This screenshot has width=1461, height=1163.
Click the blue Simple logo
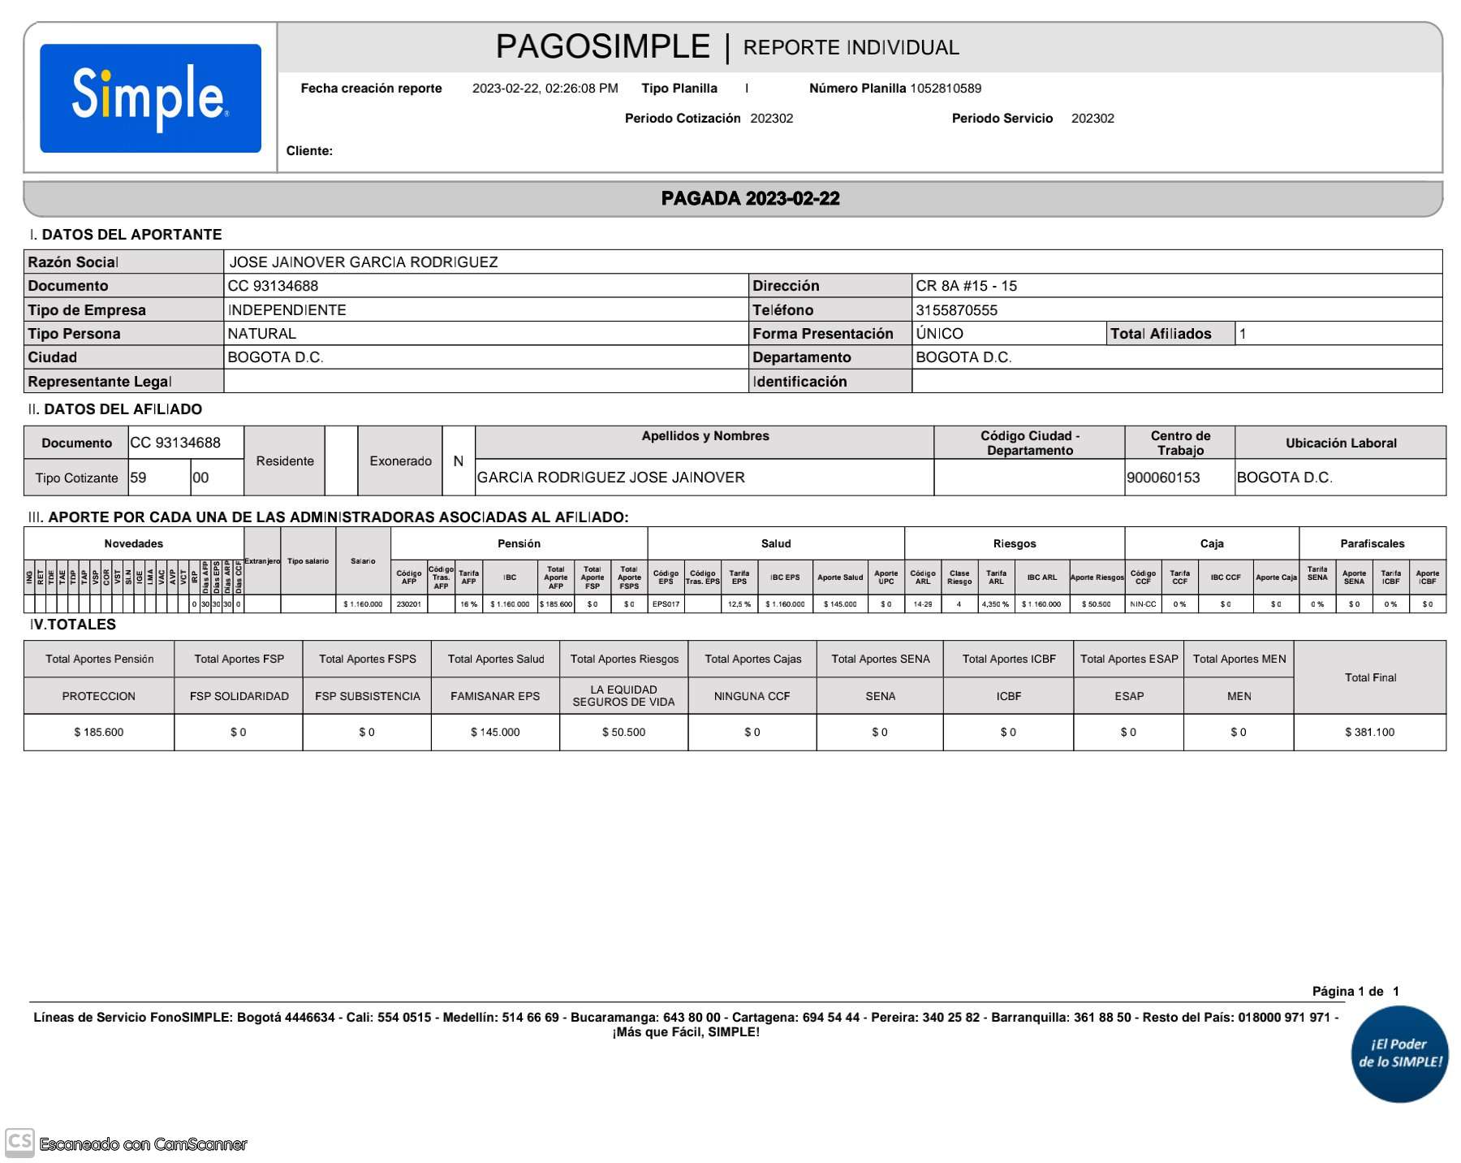tap(150, 98)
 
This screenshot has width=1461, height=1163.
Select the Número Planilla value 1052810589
tap(946, 89)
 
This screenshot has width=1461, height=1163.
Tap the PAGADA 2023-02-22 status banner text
tap(750, 199)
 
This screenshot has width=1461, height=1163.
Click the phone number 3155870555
tap(956, 310)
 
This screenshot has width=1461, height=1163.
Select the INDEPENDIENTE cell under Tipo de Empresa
tap(287, 310)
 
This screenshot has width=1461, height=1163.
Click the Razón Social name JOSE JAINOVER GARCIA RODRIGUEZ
tap(364, 262)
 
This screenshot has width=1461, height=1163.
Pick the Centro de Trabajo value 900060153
tap(1163, 478)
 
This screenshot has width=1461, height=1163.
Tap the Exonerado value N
tap(458, 461)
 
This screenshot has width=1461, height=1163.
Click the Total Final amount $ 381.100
tap(1369, 733)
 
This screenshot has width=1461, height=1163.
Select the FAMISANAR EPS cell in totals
tap(495, 697)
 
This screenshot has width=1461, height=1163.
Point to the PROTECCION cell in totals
tap(99, 697)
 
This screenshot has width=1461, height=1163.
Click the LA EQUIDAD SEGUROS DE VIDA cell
tap(623, 696)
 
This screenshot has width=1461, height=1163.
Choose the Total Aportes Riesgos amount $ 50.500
tap(623, 733)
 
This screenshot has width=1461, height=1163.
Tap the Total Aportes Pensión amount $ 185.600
tap(99, 733)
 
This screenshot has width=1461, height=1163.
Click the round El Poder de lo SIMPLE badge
tap(1400, 1053)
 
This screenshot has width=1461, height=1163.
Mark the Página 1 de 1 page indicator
tap(1355, 992)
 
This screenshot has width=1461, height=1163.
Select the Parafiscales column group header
tap(1372, 543)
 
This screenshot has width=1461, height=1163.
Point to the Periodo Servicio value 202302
tap(1093, 119)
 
